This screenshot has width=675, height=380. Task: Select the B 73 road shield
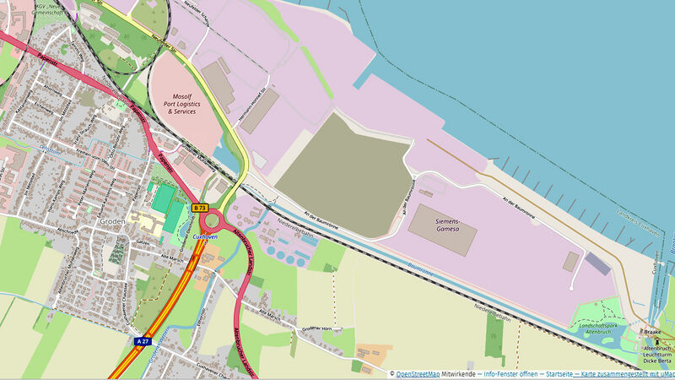(x=200, y=207)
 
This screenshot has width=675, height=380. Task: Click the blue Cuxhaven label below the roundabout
(x=207, y=238)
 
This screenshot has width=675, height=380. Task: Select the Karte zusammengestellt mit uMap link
(x=624, y=372)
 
